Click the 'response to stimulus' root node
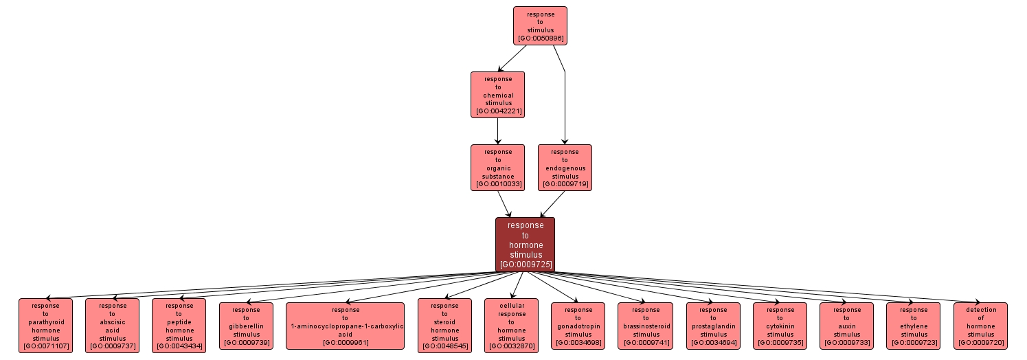[x=540, y=26]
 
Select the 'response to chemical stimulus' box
[x=497, y=95]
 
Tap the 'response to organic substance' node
[x=497, y=168]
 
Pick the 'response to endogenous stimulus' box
[x=565, y=168]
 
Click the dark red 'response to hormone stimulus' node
[x=525, y=245]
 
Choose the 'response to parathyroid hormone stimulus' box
[x=45, y=326]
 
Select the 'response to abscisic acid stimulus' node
[x=112, y=326]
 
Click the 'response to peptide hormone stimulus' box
[x=179, y=326]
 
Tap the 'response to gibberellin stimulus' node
[x=246, y=326]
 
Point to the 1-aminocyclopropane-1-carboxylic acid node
[x=345, y=326]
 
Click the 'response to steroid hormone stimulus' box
[x=444, y=326]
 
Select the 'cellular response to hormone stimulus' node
[x=511, y=326]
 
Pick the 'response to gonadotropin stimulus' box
[x=578, y=326]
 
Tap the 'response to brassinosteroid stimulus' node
[x=644, y=326]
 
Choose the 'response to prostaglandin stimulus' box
[x=713, y=326]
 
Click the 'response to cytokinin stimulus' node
[x=780, y=326]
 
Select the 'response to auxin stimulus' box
[x=846, y=326]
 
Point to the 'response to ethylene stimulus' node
[x=913, y=326]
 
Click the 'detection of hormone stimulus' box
[x=980, y=326]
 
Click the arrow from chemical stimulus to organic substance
[x=497, y=131]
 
